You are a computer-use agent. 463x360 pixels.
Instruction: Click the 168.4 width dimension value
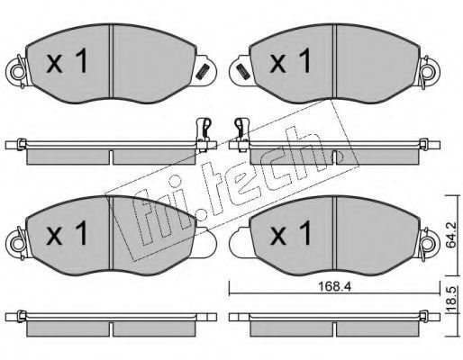(334, 287)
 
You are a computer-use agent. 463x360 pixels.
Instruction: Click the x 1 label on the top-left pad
(67, 61)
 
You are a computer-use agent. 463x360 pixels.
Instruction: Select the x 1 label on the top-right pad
(291, 61)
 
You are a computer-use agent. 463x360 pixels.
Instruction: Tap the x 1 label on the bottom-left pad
(67, 232)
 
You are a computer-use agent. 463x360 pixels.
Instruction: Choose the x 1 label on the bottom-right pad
(291, 232)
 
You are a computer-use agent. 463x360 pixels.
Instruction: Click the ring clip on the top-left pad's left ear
(17, 72)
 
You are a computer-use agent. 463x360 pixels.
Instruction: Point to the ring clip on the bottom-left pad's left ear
(17, 243)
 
